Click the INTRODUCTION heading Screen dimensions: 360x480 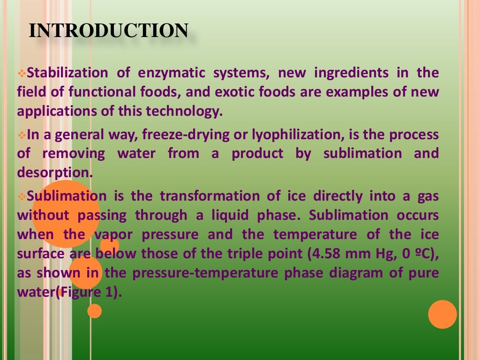[x=108, y=30]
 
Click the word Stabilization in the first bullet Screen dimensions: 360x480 [x=67, y=73]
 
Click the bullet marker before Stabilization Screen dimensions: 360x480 [x=22, y=74]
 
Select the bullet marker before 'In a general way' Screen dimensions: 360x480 [x=22, y=135]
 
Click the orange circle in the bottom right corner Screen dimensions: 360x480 [x=442, y=314]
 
